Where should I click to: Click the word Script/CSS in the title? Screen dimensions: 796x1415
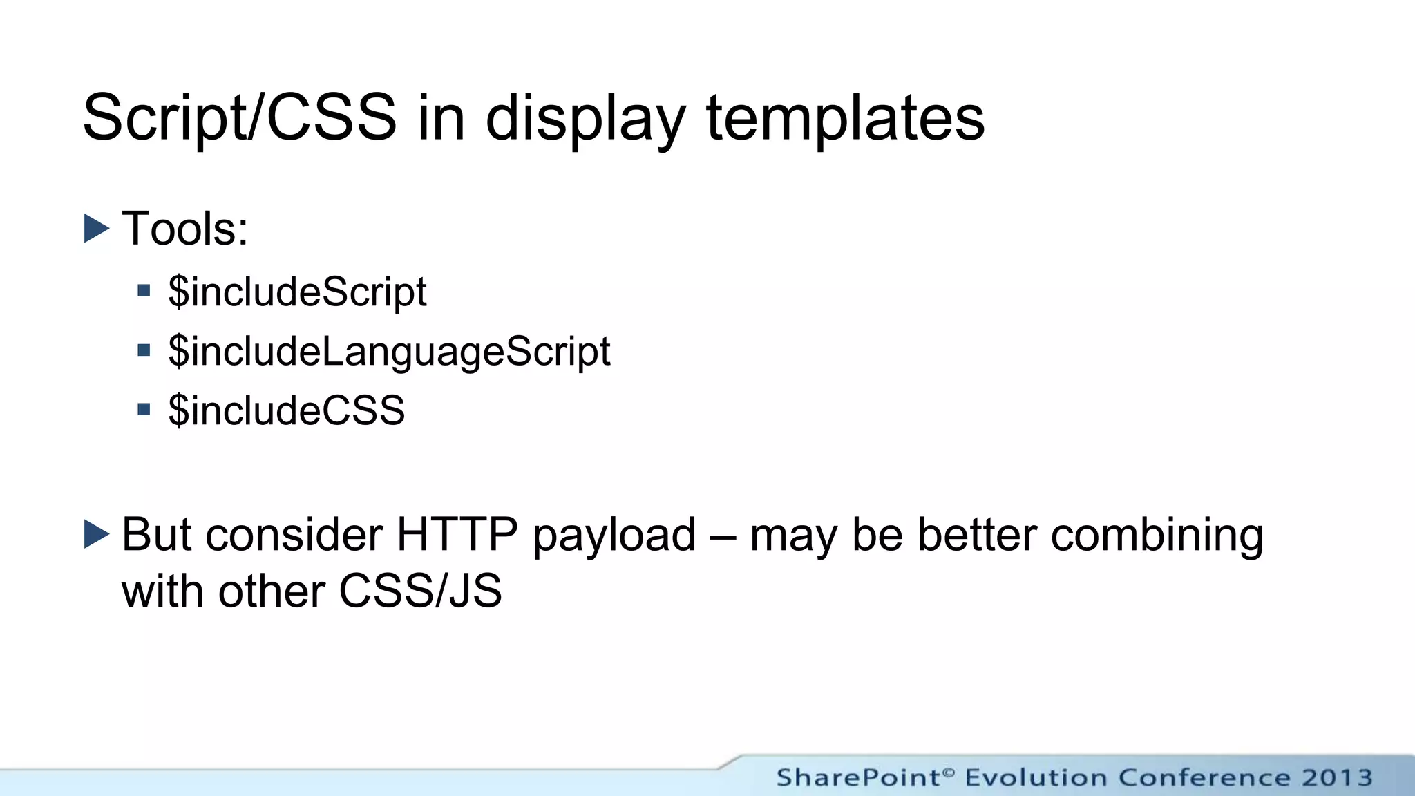[239, 119]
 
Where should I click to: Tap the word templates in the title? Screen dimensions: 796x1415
[844, 119]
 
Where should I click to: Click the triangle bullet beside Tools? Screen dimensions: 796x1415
[97, 229]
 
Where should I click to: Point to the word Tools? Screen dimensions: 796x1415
[184, 229]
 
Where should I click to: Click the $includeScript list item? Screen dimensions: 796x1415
[297, 292]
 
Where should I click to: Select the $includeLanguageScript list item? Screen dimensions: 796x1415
[389, 352]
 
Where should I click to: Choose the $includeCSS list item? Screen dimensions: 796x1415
[286, 410]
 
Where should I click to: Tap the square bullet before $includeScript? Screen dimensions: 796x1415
[144, 291]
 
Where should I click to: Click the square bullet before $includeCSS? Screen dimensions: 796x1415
[144, 410]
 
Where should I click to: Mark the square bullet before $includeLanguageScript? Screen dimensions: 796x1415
[144, 350]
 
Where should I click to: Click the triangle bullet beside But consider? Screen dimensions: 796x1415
[97, 534]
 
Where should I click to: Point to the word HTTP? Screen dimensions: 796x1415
[457, 535]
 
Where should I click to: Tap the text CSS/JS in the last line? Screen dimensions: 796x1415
[420, 591]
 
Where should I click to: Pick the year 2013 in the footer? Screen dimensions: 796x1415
[1337, 778]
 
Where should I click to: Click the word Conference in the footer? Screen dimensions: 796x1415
[1204, 778]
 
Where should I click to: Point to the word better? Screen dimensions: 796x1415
[976, 535]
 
